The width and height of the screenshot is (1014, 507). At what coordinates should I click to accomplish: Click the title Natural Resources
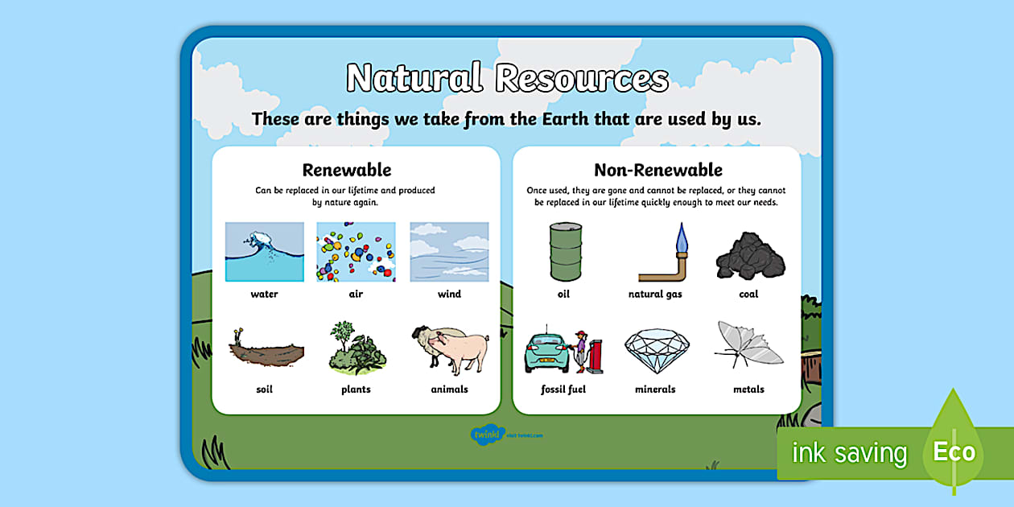point(507,79)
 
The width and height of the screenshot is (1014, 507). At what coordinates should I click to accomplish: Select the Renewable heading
point(346,170)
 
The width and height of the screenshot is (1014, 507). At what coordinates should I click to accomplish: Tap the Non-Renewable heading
point(657,170)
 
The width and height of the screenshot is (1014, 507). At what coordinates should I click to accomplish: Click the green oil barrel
point(564,251)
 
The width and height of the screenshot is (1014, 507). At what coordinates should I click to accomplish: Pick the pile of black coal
point(749,255)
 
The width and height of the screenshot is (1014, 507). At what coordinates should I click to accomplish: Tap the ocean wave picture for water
point(264,252)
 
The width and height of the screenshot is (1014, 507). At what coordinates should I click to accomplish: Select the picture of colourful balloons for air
point(356,252)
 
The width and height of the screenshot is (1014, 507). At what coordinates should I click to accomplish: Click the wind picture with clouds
point(449,252)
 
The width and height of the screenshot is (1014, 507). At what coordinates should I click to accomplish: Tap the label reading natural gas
point(655,295)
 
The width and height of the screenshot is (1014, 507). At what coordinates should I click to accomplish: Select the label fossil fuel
point(563,390)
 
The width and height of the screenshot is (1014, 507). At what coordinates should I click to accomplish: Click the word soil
point(264,390)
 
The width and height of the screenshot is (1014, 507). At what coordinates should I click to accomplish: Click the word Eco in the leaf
point(954,452)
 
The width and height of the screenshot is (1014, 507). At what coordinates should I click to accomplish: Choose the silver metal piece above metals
point(748,345)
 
